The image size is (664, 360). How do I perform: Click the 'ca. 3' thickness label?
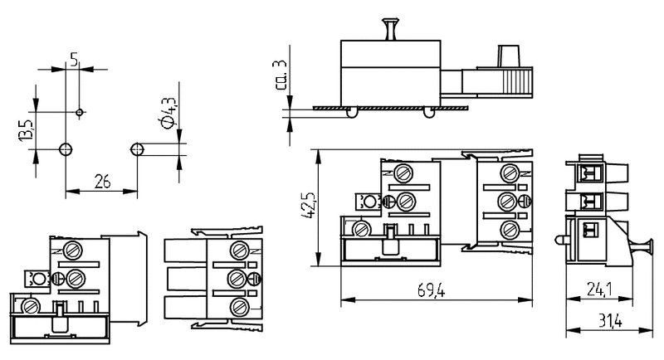(x=282, y=75)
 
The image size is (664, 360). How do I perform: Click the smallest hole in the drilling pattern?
(x=79, y=111)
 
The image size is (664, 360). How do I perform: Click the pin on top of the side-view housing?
(x=388, y=27)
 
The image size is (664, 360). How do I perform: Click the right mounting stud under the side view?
(x=428, y=112)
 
